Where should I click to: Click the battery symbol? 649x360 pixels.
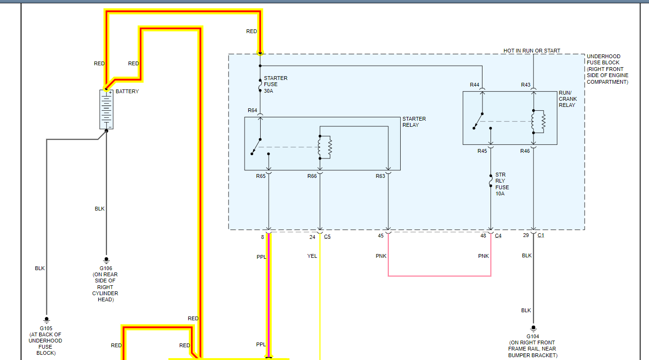click(106, 109)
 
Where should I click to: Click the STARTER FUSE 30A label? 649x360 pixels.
click(275, 84)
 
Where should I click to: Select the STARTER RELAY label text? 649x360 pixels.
click(414, 122)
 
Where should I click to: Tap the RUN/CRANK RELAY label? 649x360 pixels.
click(568, 99)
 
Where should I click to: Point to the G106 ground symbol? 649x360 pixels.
click(106, 260)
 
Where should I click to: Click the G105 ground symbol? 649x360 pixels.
click(46, 320)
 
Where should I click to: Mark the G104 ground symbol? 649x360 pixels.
click(533, 328)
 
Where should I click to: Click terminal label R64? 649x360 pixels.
click(252, 110)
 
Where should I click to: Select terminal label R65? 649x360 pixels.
click(261, 176)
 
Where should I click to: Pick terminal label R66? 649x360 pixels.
click(312, 176)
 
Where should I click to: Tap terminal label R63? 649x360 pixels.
click(380, 176)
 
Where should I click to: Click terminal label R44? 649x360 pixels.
click(474, 85)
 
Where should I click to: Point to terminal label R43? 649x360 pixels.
click(526, 85)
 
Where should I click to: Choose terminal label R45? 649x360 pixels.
click(482, 151)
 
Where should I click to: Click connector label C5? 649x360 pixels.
click(327, 237)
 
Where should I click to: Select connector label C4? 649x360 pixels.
click(498, 236)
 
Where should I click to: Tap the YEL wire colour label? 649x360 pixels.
click(312, 256)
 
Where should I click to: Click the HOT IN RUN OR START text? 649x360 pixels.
click(532, 51)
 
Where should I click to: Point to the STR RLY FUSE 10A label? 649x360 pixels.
click(502, 184)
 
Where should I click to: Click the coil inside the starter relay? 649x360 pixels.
click(324, 147)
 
